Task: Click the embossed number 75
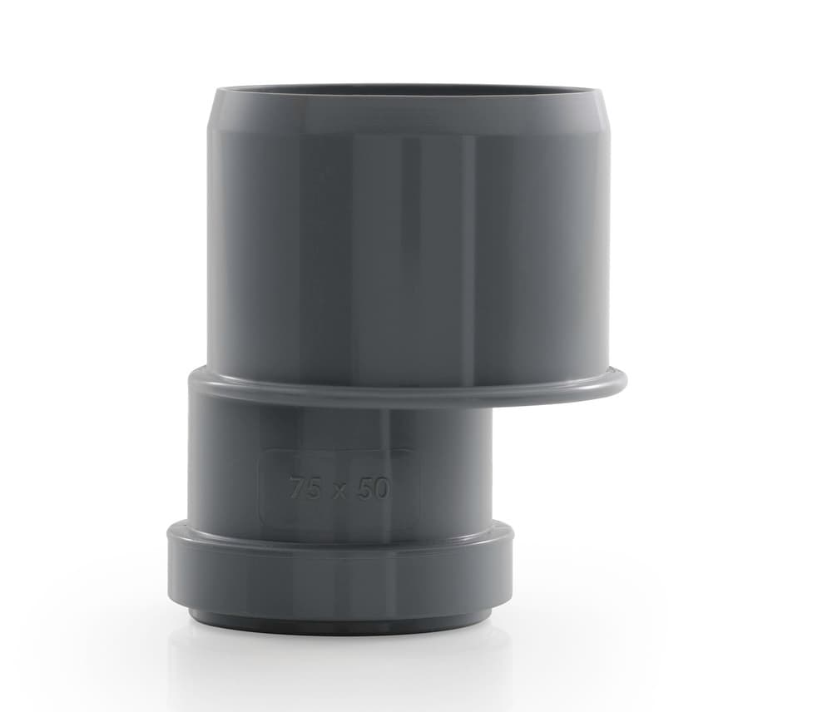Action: [305, 487]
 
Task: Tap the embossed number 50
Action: [373, 488]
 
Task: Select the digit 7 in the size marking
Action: [297, 487]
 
